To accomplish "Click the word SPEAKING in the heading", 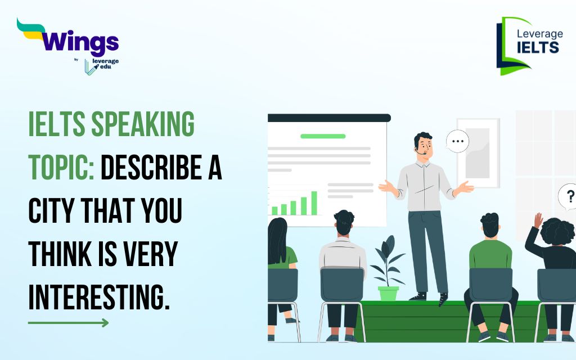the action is pos(143,124).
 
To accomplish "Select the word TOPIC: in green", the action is pos(61,167).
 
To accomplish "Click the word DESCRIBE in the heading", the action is pos(151,167).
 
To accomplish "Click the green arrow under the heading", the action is pos(68,323).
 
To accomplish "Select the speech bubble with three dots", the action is pos(457,141).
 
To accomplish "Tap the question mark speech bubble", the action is pos(568,197).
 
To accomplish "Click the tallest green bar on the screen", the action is pos(314,202).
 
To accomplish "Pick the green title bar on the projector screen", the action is pos(323,136).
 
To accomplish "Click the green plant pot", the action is pos(388,293).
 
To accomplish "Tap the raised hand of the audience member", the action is pos(538,220).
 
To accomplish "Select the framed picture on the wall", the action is pos(478,153).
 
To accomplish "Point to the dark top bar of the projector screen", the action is pos(329,118).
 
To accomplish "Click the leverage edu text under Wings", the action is pos(105,64).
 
